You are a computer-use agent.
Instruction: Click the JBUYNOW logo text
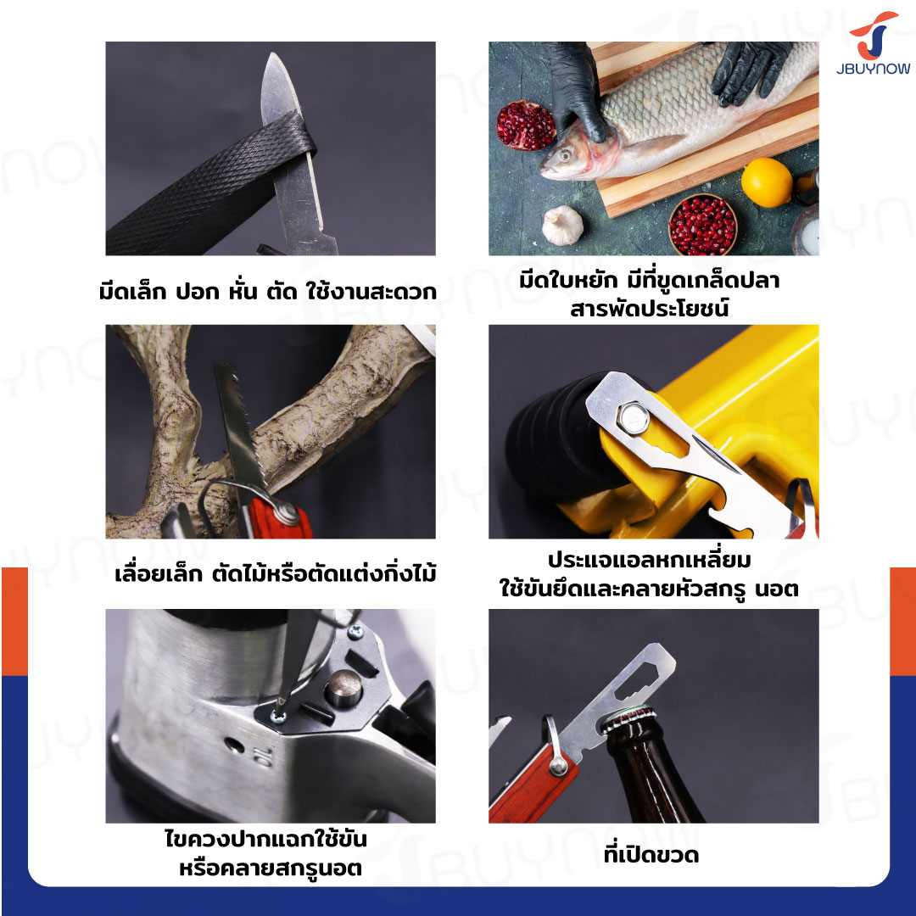(873, 69)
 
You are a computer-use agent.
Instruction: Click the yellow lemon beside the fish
(767, 182)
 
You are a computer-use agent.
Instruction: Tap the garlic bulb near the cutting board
(562, 226)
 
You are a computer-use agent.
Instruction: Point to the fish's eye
(565, 155)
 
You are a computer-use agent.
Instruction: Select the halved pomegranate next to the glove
(525, 125)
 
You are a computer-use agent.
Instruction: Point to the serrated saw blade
(238, 427)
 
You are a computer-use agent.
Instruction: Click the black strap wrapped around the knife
(211, 185)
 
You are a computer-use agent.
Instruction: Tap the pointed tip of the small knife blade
(271, 54)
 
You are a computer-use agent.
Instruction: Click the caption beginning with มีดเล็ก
(267, 290)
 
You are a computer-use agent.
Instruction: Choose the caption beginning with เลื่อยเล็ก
(275, 573)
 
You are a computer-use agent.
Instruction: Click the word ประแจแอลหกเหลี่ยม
(649, 559)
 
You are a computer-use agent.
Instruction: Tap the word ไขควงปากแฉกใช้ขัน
(265, 839)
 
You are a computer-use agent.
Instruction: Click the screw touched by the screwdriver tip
(278, 715)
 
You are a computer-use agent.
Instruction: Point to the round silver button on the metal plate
(343, 688)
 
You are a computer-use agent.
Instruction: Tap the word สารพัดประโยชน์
(649, 308)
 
